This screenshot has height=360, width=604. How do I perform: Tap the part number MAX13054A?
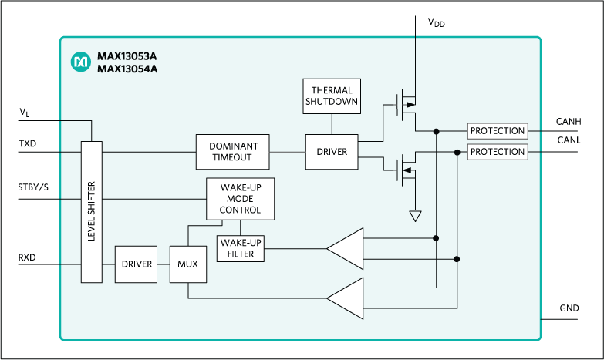pos(127,69)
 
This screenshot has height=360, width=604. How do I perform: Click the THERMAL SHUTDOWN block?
pos(332,96)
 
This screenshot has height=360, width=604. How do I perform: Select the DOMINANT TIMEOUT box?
pos(233,152)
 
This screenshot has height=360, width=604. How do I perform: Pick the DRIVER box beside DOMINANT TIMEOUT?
pos(332,152)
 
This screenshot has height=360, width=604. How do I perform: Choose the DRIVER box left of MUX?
pos(137,264)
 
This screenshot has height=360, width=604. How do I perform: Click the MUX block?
pos(187,264)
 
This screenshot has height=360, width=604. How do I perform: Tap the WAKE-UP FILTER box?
pos(241,248)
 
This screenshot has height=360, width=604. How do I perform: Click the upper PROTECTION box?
pos(497,131)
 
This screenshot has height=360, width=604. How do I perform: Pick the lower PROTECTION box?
pos(497,152)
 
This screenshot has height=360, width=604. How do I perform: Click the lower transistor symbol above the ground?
pos(404,167)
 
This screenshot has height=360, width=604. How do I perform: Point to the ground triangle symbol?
pos(416,216)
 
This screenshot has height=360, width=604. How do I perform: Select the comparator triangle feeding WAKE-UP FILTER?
pos(345,248)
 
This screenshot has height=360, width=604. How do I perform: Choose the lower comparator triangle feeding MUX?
pos(345,298)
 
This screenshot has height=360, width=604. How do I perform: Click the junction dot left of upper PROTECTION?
pos(437,131)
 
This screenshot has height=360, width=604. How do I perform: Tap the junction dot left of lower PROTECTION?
pos(457,152)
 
